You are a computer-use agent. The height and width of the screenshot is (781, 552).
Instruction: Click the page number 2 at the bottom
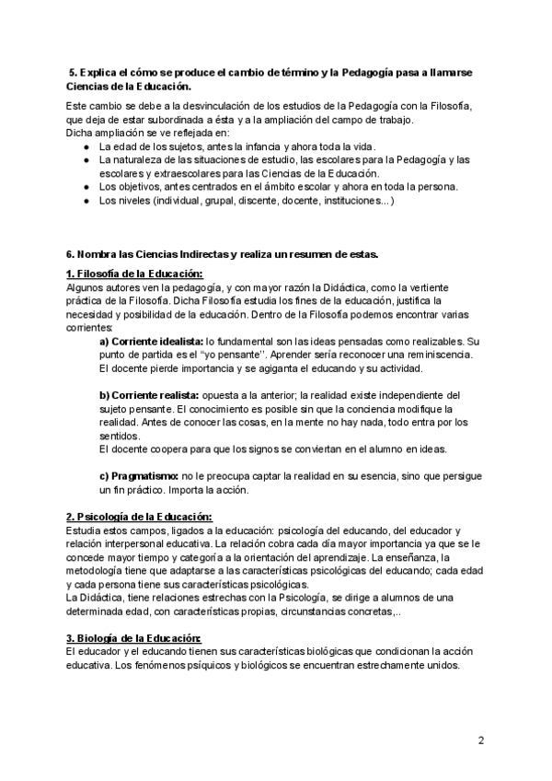pos(481,740)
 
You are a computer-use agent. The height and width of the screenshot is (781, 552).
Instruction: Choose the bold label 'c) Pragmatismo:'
pos(138,476)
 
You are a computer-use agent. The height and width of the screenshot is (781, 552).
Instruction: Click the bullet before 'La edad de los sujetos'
pos(86,146)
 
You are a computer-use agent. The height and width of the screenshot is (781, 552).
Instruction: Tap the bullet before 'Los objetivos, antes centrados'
pos(86,186)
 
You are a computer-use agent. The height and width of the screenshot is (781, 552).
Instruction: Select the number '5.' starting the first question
pos(74,73)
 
